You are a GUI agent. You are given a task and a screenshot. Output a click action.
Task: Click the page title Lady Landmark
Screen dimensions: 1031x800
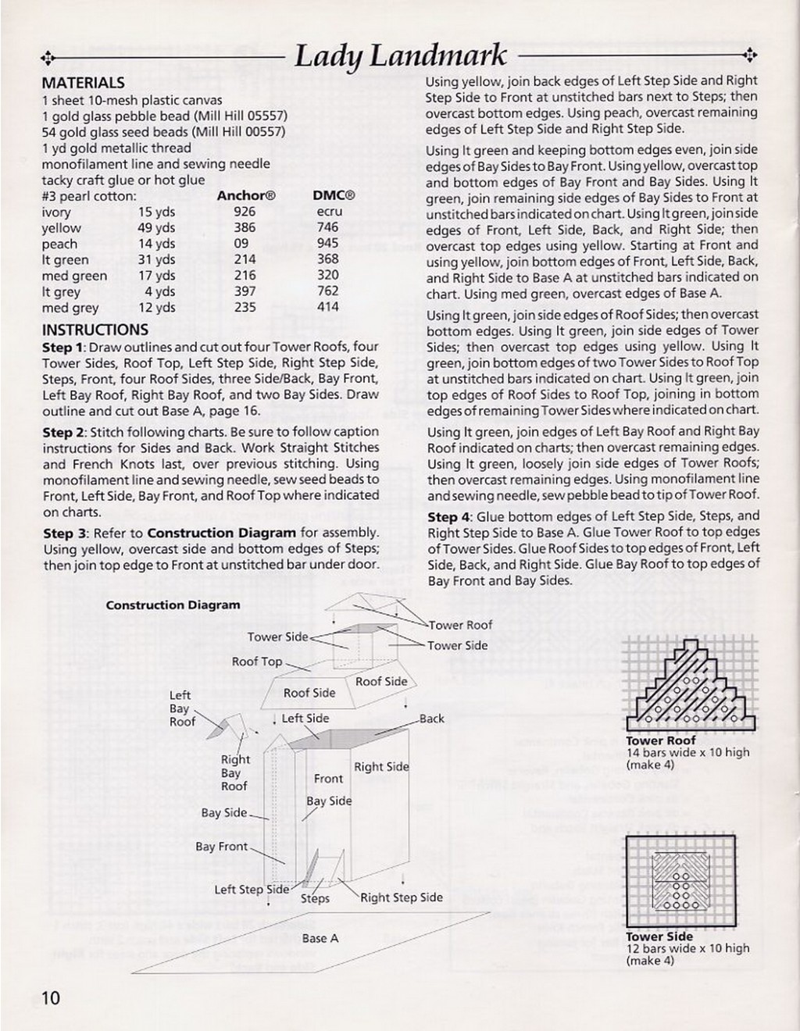[x=401, y=56]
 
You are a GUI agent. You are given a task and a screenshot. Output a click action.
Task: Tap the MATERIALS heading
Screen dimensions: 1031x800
[x=83, y=83]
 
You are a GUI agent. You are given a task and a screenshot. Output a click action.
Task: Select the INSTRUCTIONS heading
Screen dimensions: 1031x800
[x=95, y=330]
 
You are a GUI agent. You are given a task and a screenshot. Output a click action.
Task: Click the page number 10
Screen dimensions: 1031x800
[x=50, y=997]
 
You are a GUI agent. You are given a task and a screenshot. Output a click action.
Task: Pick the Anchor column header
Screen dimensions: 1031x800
[x=245, y=196]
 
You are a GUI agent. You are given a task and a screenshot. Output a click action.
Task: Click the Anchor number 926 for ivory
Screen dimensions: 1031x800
[x=245, y=212]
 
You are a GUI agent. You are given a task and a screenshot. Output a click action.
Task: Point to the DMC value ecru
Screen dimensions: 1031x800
[x=329, y=212]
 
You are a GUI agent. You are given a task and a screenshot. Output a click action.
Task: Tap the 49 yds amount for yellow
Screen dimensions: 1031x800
[x=156, y=228]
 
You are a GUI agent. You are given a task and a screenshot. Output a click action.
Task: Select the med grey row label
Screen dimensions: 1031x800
[x=70, y=308]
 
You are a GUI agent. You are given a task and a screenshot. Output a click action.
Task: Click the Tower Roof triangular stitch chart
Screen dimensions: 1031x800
[x=689, y=684]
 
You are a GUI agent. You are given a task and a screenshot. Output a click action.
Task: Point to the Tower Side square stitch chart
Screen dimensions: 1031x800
[x=682, y=883]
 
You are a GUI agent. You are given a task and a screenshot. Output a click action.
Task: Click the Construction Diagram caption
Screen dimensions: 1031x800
[x=173, y=605]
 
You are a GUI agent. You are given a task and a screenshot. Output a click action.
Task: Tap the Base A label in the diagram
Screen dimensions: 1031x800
[x=320, y=938]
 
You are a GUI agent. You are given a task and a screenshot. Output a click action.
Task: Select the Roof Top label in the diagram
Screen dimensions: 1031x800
[x=256, y=662]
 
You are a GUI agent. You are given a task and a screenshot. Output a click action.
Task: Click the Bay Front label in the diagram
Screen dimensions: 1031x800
[x=221, y=847]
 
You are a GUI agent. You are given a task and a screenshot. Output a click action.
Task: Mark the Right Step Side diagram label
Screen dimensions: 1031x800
[x=401, y=897]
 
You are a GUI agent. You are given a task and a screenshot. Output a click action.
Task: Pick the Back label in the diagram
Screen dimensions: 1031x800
[x=431, y=719]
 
